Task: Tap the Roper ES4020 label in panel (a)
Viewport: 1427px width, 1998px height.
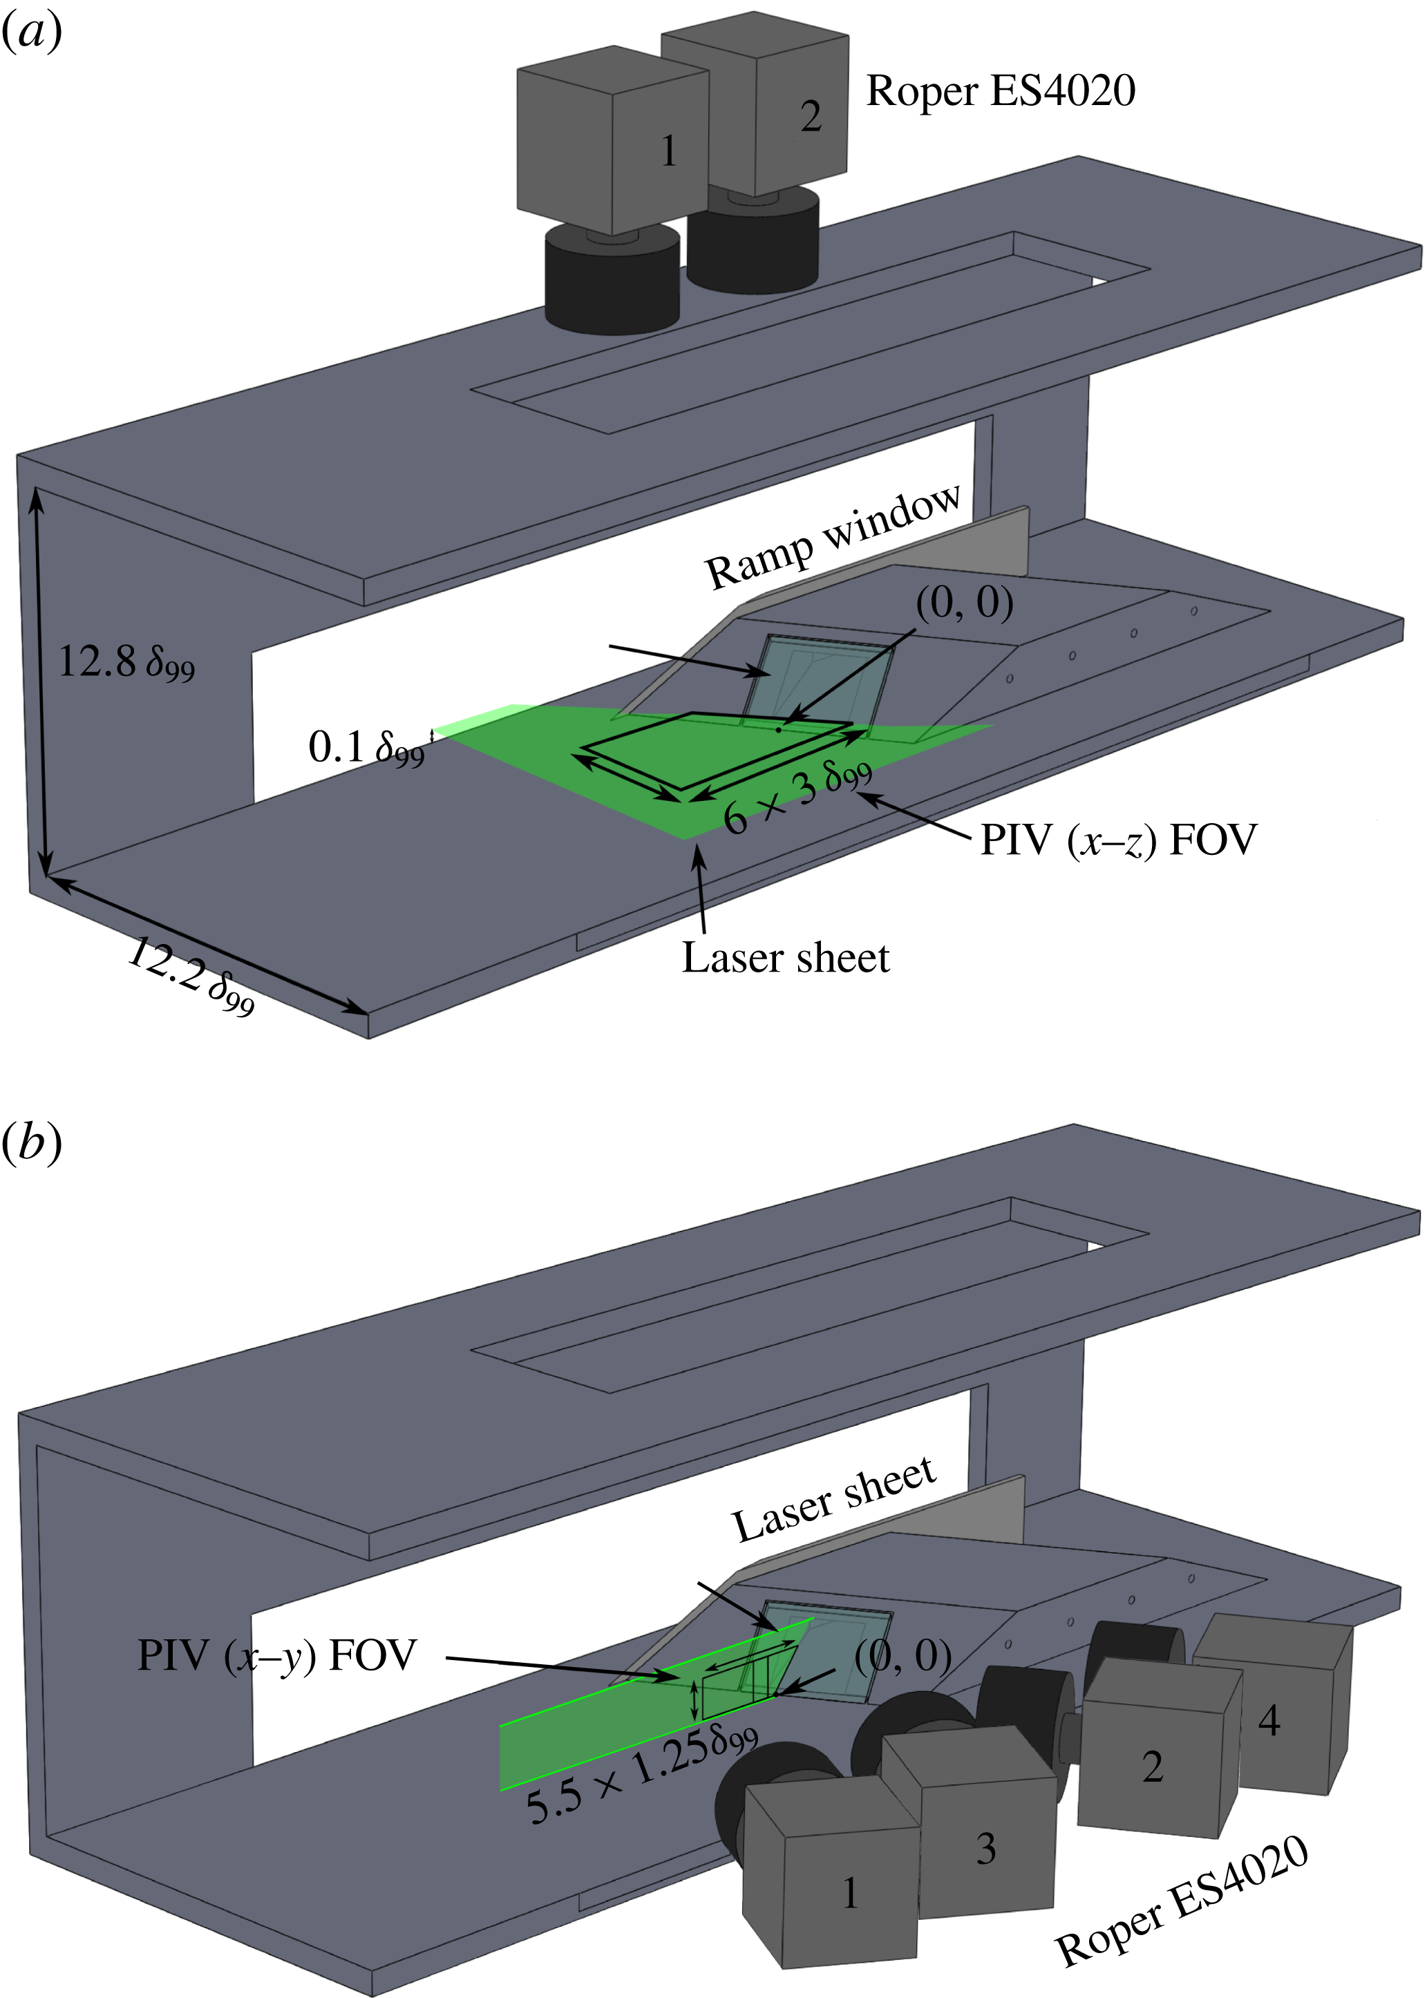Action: [1000, 91]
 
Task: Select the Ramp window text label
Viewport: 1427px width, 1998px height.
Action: [833, 537]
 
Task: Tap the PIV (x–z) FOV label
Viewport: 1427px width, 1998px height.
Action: [1117, 840]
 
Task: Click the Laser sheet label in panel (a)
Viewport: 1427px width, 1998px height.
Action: [784, 958]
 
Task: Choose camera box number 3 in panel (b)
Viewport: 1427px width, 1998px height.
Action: [975, 1827]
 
